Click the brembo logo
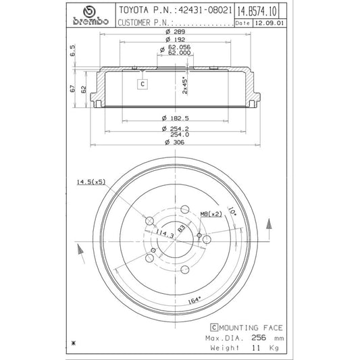pyautogui.click(x=89, y=16)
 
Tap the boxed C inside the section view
pyautogui.click(x=143, y=84)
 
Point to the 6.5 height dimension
pyautogui.click(x=72, y=51)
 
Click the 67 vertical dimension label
pyautogui.click(x=72, y=88)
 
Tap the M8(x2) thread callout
pyautogui.click(x=211, y=214)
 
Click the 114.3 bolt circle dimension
pyautogui.click(x=162, y=233)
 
